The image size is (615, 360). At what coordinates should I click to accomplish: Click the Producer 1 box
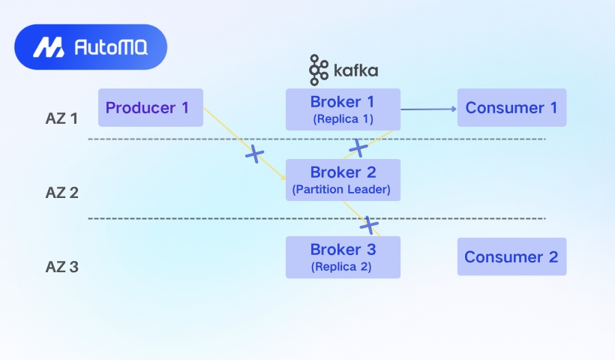click(151, 107)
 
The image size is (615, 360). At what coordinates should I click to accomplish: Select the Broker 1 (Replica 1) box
click(343, 109)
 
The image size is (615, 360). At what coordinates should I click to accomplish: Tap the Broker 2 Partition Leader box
click(343, 180)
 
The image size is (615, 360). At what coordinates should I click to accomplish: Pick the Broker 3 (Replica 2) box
click(343, 257)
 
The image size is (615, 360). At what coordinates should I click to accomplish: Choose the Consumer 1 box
click(511, 107)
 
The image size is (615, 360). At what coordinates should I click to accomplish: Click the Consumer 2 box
click(511, 256)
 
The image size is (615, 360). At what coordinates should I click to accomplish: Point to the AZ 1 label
click(61, 118)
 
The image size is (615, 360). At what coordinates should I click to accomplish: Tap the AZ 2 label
click(62, 193)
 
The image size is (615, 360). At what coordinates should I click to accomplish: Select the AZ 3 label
click(62, 267)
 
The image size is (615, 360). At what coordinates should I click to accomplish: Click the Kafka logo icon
click(319, 70)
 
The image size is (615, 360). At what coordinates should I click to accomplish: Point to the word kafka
click(355, 70)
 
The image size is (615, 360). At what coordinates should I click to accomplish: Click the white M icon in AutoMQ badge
click(49, 47)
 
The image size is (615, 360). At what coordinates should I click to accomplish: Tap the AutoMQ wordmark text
click(111, 47)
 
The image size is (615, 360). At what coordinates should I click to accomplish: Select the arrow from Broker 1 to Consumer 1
click(429, 109)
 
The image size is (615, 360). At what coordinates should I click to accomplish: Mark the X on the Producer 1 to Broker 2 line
click(254, 154)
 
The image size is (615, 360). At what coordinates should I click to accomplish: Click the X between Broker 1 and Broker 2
click(358, 148)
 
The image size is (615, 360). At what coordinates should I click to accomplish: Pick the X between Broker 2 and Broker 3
click(369, 225)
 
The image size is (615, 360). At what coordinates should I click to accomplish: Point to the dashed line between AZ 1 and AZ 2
click(317, 139)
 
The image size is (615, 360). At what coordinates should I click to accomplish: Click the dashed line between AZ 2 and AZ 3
click(317, 218)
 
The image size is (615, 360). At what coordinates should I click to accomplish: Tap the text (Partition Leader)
click(341, 190)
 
